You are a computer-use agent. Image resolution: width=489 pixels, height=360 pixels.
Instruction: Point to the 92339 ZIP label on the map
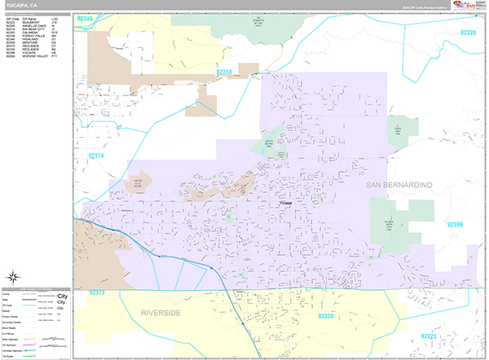469,33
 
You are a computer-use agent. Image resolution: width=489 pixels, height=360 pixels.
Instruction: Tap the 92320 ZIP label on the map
326,316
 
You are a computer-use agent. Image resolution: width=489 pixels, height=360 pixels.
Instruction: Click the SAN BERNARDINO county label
410,186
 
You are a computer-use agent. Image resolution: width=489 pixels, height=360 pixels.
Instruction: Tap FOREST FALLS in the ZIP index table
30,36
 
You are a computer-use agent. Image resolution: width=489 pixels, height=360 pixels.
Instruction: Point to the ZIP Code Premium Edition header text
429,7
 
